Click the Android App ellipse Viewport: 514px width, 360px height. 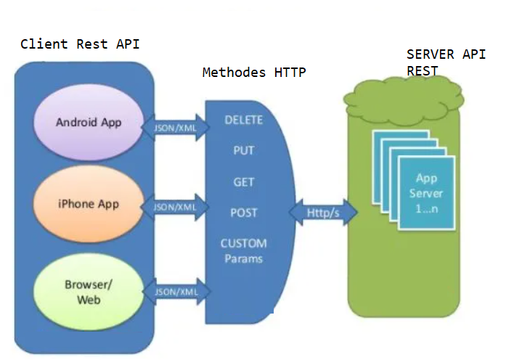(x=89, y=122)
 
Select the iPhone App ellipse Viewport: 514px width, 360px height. (x=89, y=204)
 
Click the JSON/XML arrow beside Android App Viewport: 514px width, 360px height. (x=176, y=126)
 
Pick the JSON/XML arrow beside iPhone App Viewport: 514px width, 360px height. (x=176, y=207)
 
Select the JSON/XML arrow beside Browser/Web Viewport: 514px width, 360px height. (x=176, y=292)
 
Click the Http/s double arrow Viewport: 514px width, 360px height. (x=324, y=213)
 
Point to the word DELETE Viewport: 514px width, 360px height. (x=243, y=120)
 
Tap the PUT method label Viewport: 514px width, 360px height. (x=243, y=151)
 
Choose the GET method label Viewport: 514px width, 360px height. (x=243, y=182)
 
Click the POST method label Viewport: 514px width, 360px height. (x=243, y=213)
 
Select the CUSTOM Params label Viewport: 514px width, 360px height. (x=243, y=250)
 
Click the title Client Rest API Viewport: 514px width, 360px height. (x=80, y=44)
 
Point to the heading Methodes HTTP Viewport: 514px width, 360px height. (x=254, y=73)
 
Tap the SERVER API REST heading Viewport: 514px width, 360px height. (x=446, y=62)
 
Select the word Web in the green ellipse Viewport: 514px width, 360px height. (x=89, y=299)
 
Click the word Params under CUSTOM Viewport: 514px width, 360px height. (x=243, y=258)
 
